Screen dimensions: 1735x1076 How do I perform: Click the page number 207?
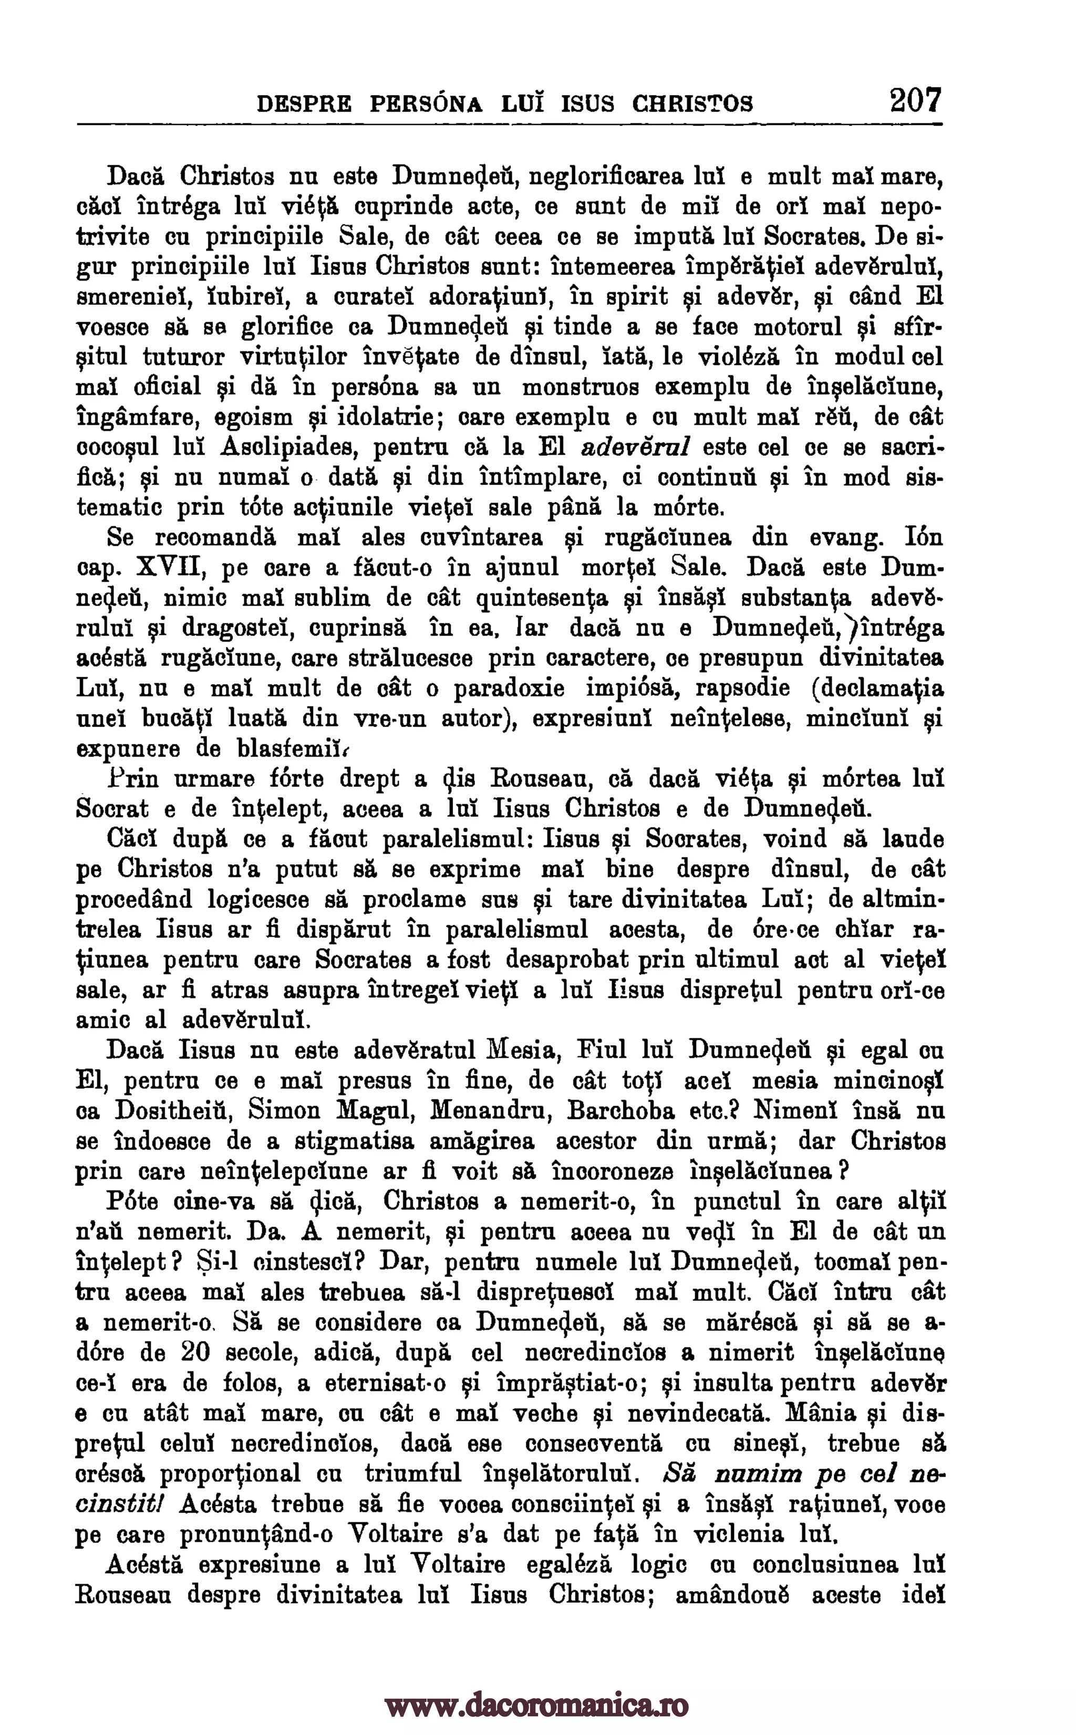tap(915, 100)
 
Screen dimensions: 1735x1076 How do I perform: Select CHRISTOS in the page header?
tap(692, 105)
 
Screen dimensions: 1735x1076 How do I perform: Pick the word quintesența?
tap(542, 598)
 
